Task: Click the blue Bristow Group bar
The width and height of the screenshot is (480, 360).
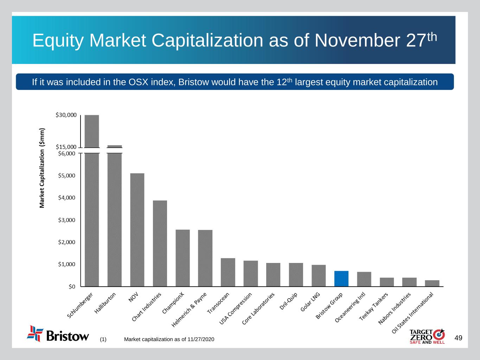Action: point(341,278)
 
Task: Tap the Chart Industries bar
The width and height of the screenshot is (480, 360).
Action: point(160,243)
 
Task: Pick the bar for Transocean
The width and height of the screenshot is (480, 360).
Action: point(228,272)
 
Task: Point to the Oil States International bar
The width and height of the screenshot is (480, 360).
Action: point(432,283)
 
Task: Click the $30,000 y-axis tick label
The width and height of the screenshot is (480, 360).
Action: point(66,115)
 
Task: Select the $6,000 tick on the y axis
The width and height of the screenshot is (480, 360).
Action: point(67,153)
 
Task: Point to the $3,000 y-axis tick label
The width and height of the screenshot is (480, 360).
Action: point(67,220)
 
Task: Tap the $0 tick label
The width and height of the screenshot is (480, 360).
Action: point(72,287)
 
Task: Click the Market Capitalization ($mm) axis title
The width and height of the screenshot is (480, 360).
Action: point(42,168)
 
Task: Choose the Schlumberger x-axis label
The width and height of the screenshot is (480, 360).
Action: point(80,306)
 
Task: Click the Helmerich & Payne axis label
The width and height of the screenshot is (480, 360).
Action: point(189,310)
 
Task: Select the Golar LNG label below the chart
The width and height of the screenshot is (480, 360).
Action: point(310,302)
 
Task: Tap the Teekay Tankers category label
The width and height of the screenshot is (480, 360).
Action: point(373,306)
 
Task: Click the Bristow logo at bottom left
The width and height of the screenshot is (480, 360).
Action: point(58,334)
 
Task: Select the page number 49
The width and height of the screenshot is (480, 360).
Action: point(458,338)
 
